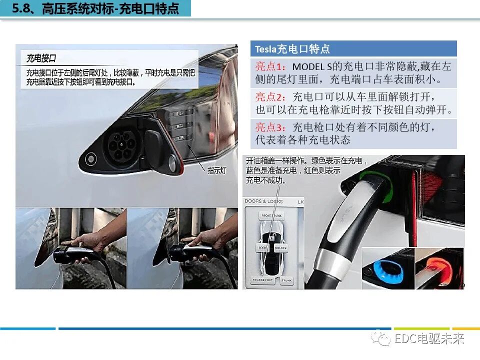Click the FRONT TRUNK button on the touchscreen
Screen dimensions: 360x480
tap(272, 216)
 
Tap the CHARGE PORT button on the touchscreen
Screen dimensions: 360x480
tap(262, 280)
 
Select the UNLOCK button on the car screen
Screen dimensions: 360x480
tap(280, 247)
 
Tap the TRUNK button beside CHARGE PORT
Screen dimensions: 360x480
tap(286, 280)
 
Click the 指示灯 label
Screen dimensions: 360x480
tap(217, 170)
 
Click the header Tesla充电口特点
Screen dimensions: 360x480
tap(292, 49)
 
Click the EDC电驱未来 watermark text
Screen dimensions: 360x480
tap(429, 338)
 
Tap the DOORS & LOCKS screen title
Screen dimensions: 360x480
tap(263, 201)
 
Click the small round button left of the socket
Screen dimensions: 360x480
tap(90, 159)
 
